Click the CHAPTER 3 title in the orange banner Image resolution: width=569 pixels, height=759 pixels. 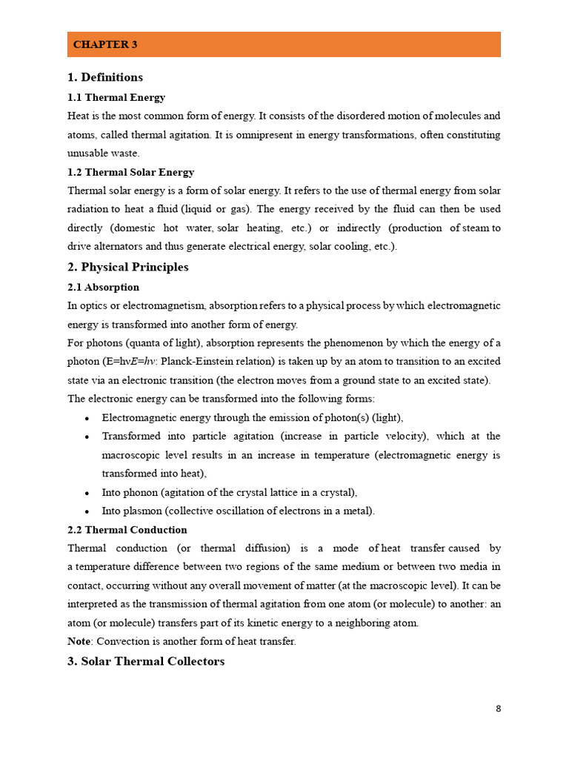105,45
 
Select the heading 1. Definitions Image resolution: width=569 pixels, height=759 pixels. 105,77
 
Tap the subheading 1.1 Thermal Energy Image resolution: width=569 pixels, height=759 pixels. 116,97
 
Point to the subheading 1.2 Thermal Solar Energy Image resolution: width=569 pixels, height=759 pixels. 130,172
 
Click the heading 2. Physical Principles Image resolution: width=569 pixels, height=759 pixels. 127,267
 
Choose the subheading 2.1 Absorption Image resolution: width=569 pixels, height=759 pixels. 103,287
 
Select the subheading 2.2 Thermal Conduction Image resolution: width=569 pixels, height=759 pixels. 127,530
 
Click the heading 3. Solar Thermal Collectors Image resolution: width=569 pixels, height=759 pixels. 146,661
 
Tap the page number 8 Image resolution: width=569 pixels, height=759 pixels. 498,709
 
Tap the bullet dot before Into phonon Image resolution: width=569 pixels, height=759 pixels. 87,493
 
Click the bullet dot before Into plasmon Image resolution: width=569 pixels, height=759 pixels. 87,511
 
